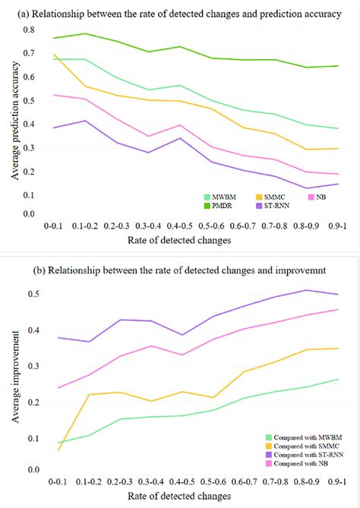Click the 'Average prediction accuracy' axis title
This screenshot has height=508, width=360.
(x=11, y=121)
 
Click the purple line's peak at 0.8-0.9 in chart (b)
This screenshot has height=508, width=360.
(x=305, y=290)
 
